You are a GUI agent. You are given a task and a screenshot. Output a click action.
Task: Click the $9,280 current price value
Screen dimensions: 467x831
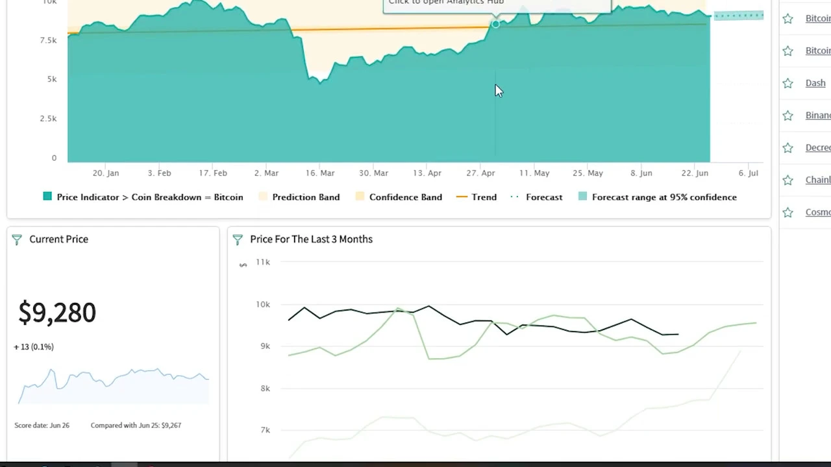pos(57,313)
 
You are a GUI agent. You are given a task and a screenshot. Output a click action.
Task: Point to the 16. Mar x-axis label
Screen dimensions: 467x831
pos(320,173)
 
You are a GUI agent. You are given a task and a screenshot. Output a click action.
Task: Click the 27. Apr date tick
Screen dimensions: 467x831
pos(480,173)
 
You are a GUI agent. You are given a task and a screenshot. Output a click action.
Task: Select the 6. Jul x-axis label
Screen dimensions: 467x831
pos(748,173)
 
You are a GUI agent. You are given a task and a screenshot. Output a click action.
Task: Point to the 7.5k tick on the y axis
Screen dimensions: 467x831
pos(48,40)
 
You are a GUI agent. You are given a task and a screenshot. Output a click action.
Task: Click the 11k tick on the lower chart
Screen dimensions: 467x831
pos(262,262)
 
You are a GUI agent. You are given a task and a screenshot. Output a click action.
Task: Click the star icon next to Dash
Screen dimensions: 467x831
pos(788,83)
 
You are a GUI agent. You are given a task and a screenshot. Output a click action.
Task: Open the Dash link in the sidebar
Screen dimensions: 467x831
pos(815,83)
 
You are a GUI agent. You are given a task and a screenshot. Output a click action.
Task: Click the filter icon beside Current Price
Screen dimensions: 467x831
pos(17,239)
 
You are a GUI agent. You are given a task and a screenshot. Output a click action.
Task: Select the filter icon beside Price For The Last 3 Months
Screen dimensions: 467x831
pos(238,239)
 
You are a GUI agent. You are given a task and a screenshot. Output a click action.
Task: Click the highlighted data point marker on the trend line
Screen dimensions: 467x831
pos(495,24)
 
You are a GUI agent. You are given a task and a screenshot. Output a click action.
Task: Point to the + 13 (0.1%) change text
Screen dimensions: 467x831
pos(34,347)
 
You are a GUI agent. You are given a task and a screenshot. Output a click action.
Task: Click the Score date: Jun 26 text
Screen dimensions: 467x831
pos(42,425)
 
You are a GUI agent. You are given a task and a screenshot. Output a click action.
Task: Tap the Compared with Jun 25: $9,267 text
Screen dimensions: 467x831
pos(136,425)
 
